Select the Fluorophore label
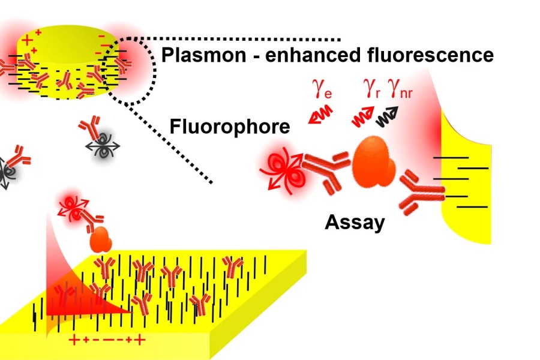click(x=230, y=127)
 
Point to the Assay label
click(x=355, y=223)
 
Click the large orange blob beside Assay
click(x=374, y=161)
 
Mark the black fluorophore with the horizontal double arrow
click(x=103, y=146)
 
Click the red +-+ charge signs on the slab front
click(x=107, y=340)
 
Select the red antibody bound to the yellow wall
click(x=422, y=191)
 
